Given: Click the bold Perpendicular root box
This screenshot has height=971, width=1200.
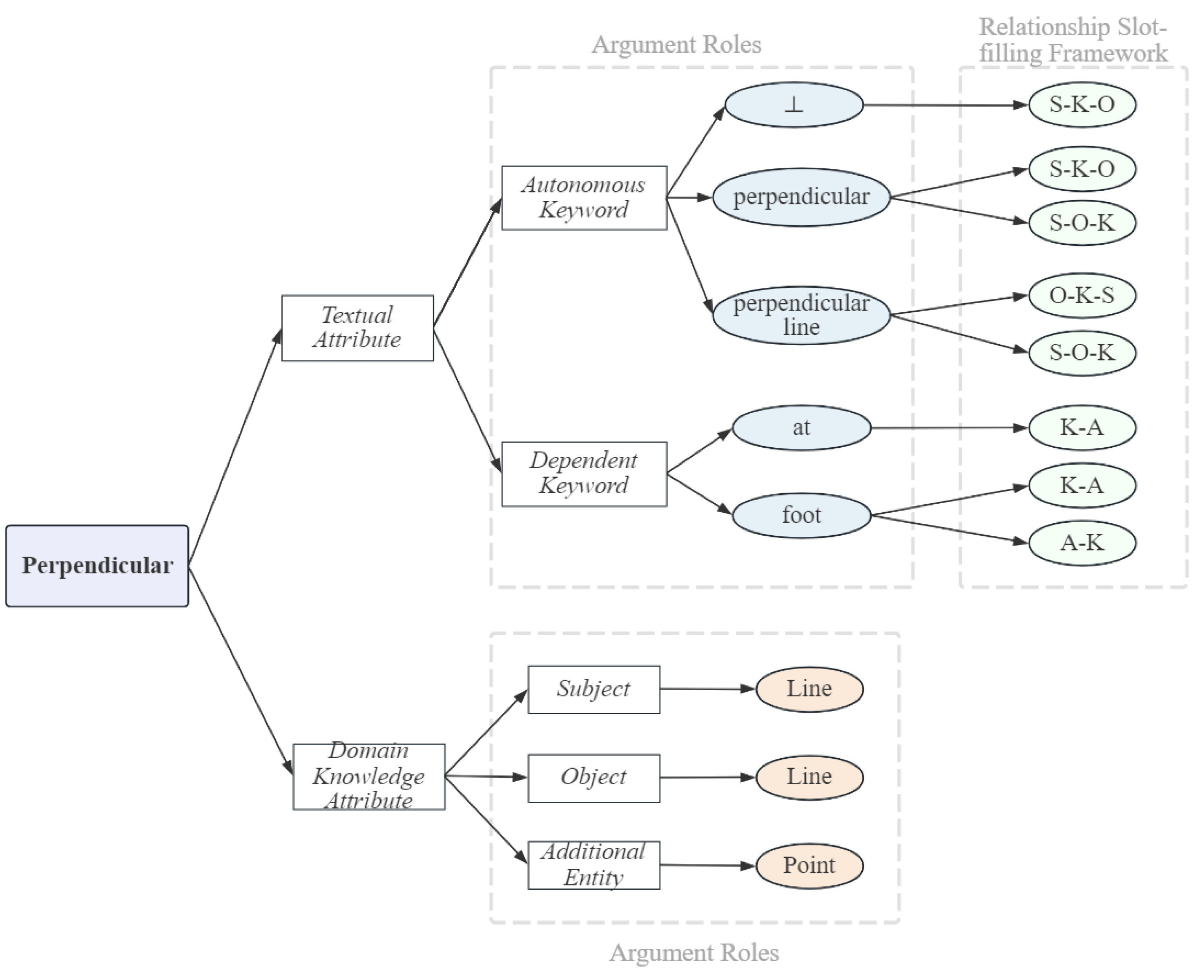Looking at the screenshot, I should click(x=97, y=566).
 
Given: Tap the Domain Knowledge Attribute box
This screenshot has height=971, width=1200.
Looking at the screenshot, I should click(x=369, y=776).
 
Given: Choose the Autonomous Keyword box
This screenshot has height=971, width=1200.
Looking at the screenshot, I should click(x=584, y=197).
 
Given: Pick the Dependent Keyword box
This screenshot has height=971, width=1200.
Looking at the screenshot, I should click(x=584, y=474).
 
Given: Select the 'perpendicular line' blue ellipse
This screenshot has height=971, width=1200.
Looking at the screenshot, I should click(x=801, y=315).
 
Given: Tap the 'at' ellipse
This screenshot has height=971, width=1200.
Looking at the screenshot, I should click(x=801, y=428).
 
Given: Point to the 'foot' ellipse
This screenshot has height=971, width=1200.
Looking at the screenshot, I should click(x=801, y=515).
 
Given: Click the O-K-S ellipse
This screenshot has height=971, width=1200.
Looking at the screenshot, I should click(x=1082, y=295).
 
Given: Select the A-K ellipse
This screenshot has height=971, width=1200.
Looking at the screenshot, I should click(x=1082, y=543).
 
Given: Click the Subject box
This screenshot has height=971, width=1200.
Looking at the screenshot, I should click(x=593, y=689).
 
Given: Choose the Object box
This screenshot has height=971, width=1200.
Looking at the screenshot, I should click(x=593, y=777).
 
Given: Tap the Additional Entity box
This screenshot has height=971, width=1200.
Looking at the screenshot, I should click(x=593, y=865).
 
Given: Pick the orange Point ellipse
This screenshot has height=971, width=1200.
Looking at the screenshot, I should click(x=809, y=865).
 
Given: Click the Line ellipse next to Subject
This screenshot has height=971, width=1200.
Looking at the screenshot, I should click(x=809, y=689).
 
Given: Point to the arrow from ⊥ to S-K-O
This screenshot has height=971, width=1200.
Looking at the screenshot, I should click(x=945, y=105).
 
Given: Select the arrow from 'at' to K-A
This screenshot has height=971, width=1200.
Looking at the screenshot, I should click(x=950, y=428).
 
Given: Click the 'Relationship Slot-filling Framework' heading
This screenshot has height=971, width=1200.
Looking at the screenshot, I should click(x=1073, y=40).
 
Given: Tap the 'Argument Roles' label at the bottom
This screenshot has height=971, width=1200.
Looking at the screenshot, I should click(x=694, y=953).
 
